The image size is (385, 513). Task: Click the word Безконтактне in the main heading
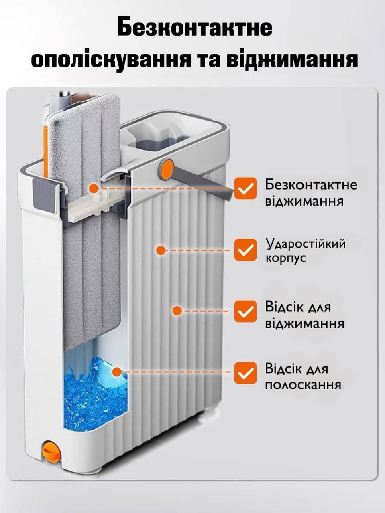point(194,27)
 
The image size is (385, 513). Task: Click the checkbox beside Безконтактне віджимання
point(246,188)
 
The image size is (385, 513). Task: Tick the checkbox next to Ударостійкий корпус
point(246,250)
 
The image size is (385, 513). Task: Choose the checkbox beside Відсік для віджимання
point(246,311)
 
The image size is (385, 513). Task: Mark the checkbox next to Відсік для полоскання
point(246,373)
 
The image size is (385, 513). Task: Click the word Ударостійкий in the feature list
point(306,244)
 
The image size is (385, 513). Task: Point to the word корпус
point(286,259)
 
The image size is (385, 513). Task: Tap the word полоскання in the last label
point(303,385)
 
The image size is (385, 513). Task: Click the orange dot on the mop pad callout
point(94,188)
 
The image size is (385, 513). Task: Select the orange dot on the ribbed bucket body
point(161,250)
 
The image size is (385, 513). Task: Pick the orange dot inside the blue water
point(117,372)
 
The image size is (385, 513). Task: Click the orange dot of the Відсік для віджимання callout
point(177,311)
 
